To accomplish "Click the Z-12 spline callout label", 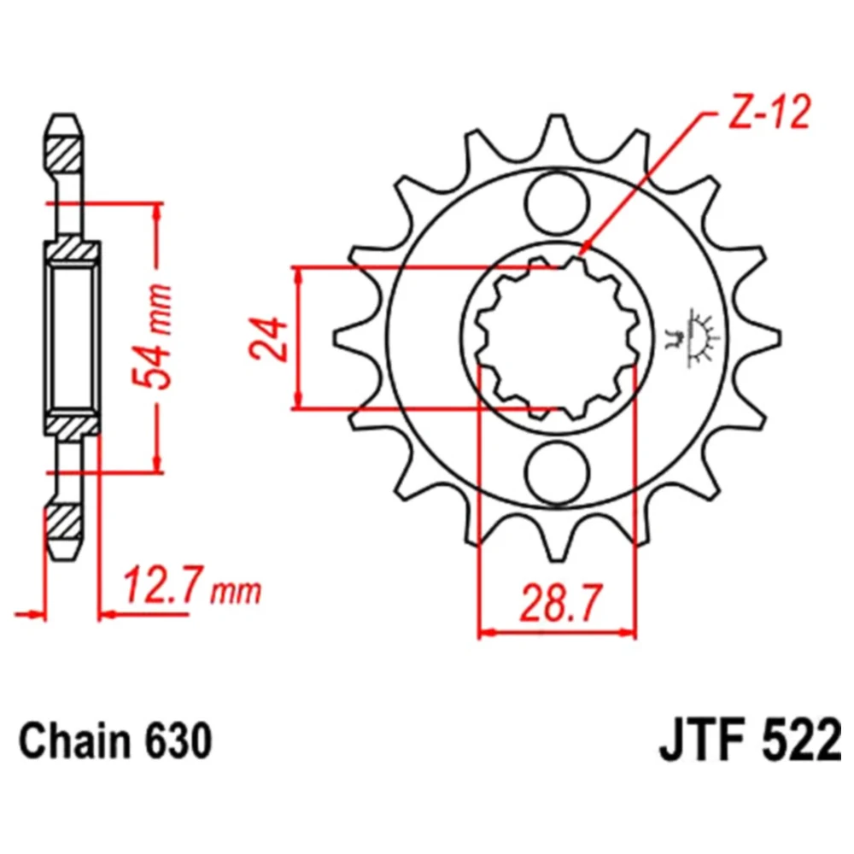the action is point(769,112).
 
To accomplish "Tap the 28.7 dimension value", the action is point(561,604).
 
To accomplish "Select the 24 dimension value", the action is point(268,338).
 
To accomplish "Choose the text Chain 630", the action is point(115,741).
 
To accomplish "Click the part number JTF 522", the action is point(751,741).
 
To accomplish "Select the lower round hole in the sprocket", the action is point(557,472).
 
